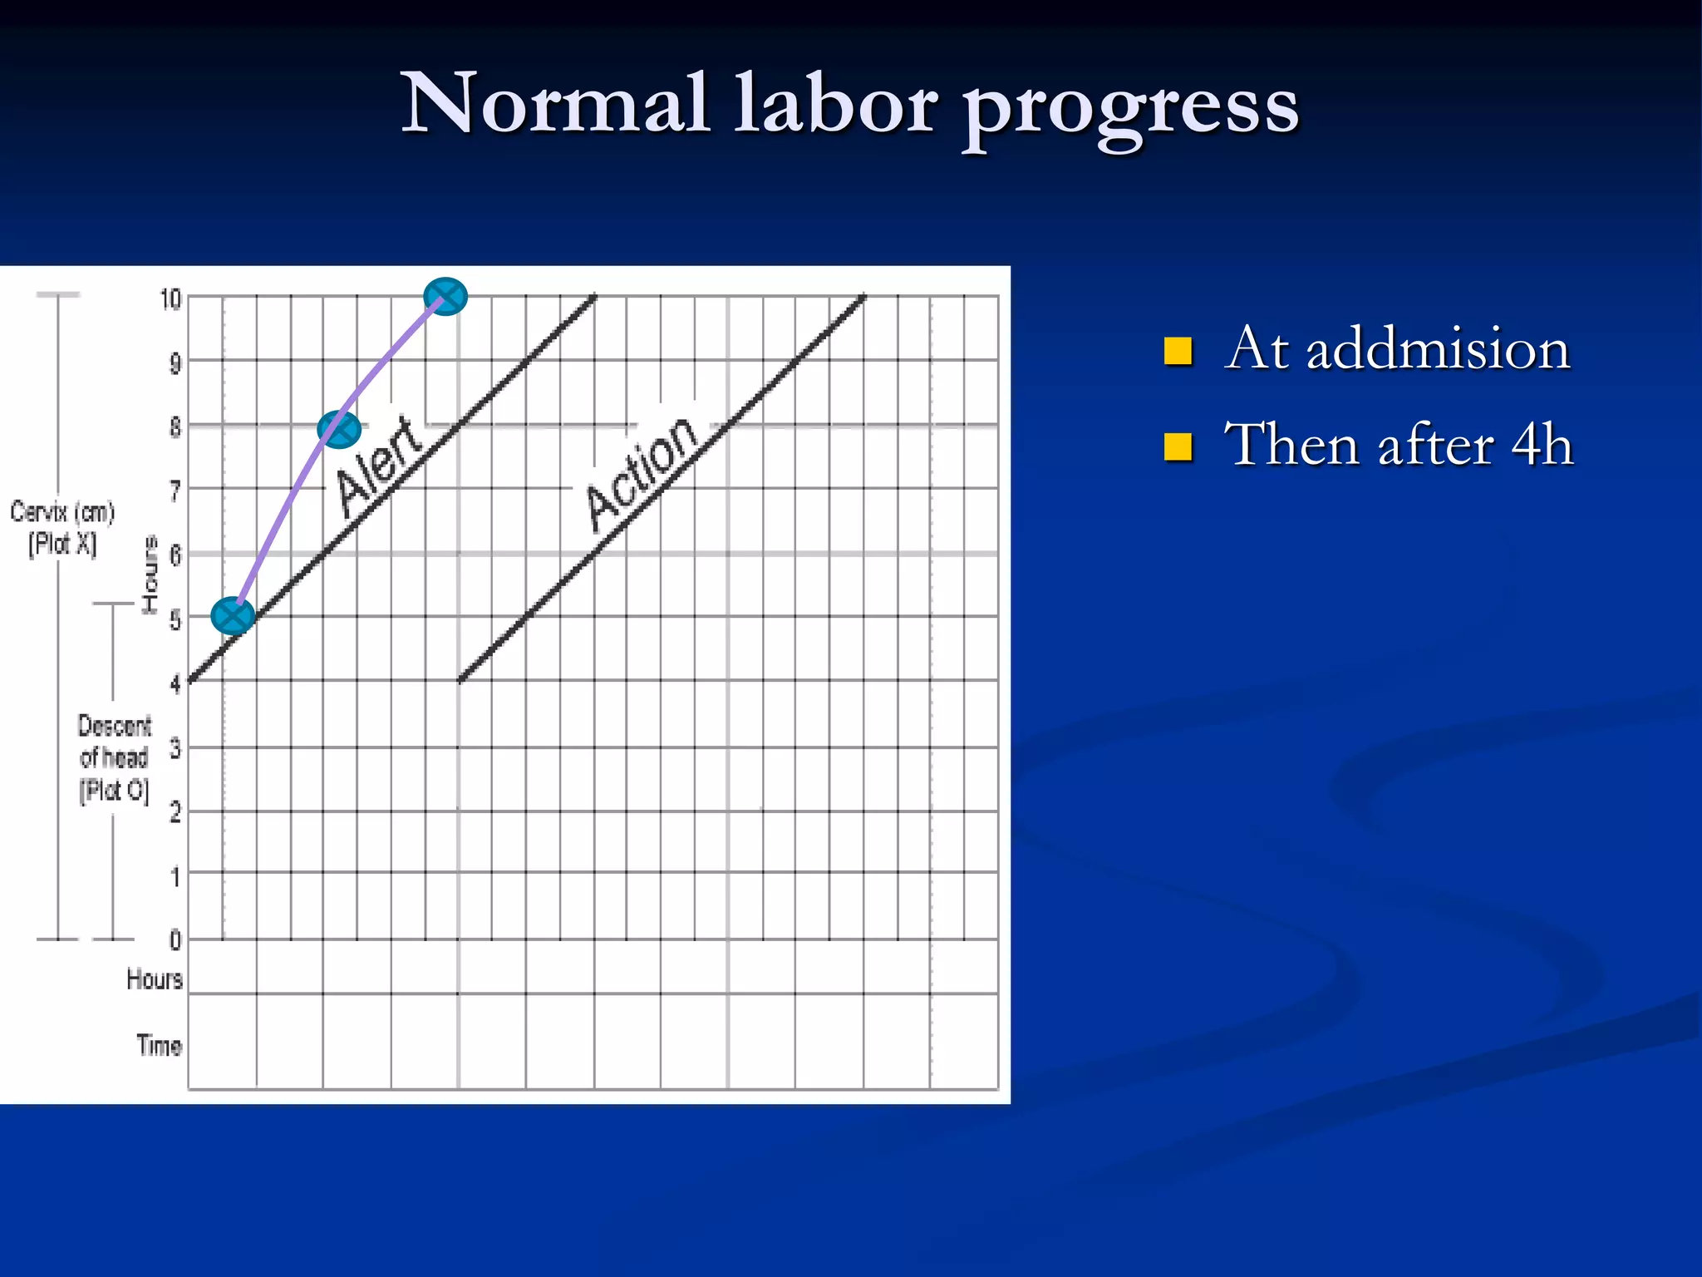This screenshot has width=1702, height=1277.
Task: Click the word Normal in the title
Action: click(x=555, y=104)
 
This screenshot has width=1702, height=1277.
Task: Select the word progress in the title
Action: click(x=1131, y=108)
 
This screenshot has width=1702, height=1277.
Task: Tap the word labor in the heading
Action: click(x=835, y=104)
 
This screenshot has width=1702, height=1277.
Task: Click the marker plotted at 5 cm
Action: click(x=233, y=616)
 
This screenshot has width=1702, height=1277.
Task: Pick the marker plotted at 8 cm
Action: click(x=339, y=429)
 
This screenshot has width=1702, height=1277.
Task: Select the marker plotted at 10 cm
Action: click(x=445, y=297)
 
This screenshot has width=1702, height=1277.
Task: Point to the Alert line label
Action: click(x=378, y=466)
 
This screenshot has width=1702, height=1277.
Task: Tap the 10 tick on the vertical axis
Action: click(x=170, y=299)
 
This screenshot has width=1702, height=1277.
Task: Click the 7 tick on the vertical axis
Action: click(x=175, y=491)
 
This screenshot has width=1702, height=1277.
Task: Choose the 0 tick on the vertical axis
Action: click(x=175, y=940)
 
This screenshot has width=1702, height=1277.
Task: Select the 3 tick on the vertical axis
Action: click(x=175, y=749)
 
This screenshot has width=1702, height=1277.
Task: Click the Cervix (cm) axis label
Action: click(x=62, y=512)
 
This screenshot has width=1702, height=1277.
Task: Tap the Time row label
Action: click(x=159, y=1045)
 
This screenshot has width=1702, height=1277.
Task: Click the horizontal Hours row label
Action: click(x=155, y=979)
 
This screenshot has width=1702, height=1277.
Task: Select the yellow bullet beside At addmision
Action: click(x=1178, y=351)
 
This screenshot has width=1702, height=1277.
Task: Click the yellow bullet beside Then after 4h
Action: click(x=1178, y=446)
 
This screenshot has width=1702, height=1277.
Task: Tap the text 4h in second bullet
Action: click(x=1542, y=445)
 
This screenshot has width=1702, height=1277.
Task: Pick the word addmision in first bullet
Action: click(x=1438, y=349)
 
